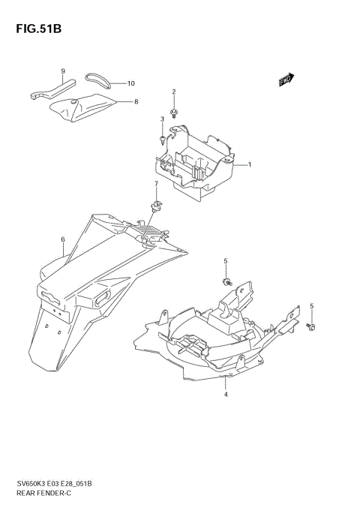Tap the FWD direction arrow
tap(286, 80)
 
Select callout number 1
tap(249, 164)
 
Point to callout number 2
tap(174, 92)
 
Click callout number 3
tap(161, 119)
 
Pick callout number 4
tap(225, 393)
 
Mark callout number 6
tap(63, 239)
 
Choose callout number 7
tap(156, 184)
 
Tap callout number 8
tap(136, 101)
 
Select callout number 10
tap(130, 83)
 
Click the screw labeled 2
tap(174, 113)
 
